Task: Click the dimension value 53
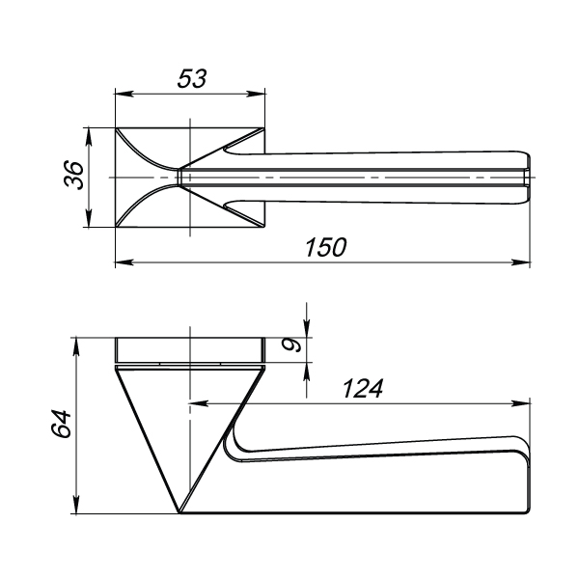pos(192,78)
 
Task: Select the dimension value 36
pos(74,175)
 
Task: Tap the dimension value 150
pos(326,247)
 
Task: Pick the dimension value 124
pos(363,389)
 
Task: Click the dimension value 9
pos(291,345)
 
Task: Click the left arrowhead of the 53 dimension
pos(124,94)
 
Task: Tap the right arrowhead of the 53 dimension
pos(256,94)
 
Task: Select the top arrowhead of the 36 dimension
pos(88,137)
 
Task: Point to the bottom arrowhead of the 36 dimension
pos(88,218)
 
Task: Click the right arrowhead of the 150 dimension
pos(521,262)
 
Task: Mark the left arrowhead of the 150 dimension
pos(124,262)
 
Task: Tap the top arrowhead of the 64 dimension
pos(76,346)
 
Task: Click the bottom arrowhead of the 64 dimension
pos(76,505)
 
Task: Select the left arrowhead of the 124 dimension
pos(198,403)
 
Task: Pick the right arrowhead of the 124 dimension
pos(521,403)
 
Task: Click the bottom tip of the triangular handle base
pos(179,513)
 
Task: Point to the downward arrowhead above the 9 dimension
pos(307,329)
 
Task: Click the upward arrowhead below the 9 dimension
pos(307,372)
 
